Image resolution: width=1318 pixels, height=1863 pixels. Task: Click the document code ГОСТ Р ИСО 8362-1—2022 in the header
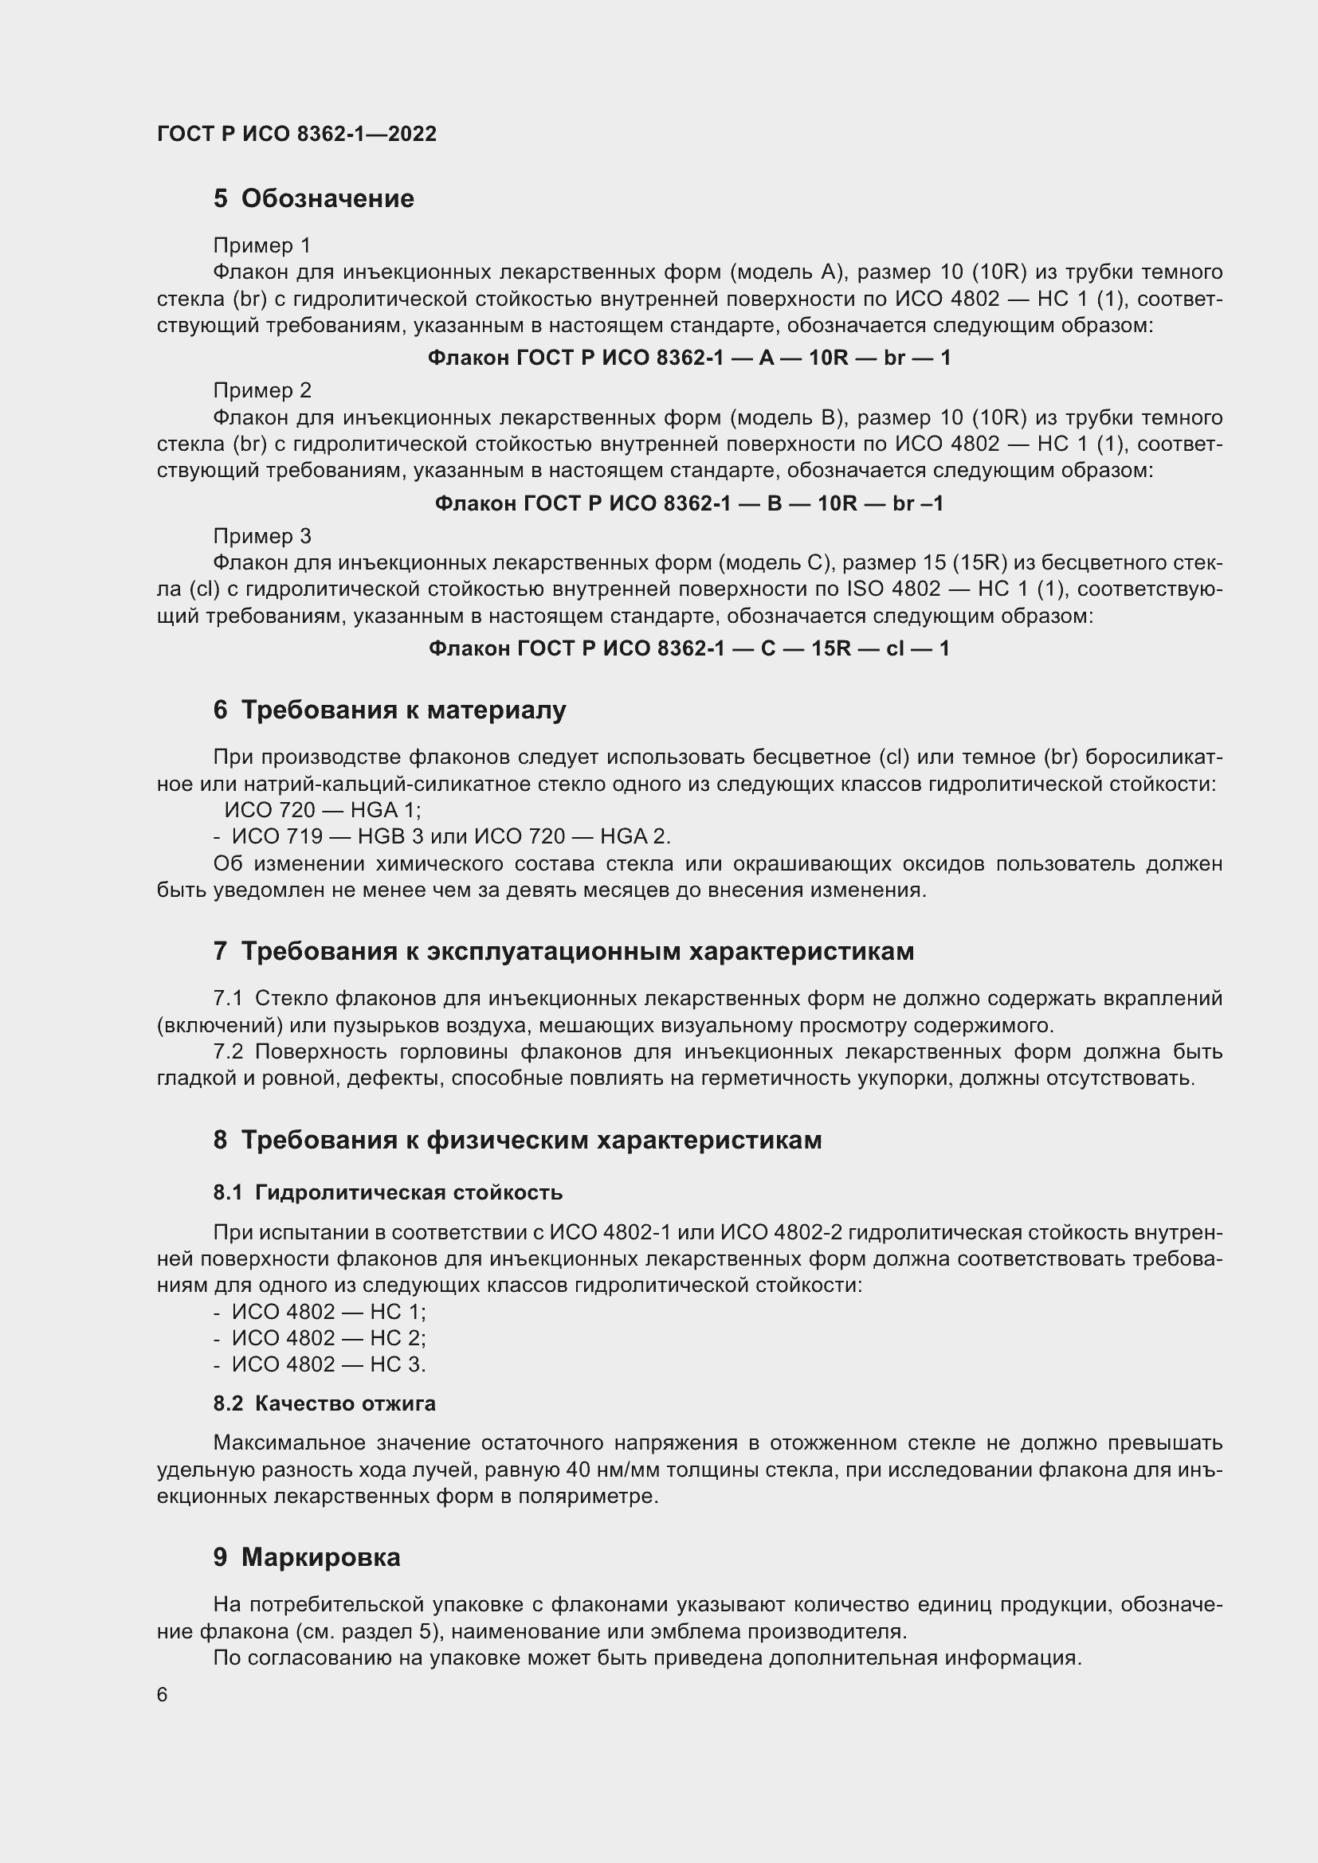click(x=296, y=134)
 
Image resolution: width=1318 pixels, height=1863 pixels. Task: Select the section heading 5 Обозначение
click(x=313, y=199)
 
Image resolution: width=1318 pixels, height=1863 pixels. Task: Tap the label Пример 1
click(x=261, y=245)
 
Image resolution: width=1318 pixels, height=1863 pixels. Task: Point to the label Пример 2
click(x=261, y=390)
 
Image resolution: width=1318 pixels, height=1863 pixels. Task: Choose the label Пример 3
click(x=261, y=535)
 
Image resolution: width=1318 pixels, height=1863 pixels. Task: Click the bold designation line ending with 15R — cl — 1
click(x=688, y=648)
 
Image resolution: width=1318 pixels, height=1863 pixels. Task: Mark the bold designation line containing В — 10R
click(x=688, y=504)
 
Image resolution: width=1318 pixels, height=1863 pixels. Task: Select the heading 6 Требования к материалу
click(x=390, y=710)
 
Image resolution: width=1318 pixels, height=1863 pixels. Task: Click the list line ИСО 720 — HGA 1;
click(x=322, y=810)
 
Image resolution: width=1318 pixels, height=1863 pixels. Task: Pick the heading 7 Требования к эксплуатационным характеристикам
click(x=563, y=951)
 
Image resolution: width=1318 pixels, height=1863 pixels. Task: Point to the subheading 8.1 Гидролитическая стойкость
click(x=388, y=1192)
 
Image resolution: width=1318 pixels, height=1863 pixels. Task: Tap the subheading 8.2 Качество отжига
click(x=324, y=1403)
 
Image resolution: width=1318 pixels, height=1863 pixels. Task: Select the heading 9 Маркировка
click(x=307, y=1557)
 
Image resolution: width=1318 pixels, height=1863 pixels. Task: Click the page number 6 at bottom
click(x=163, y=1695)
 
